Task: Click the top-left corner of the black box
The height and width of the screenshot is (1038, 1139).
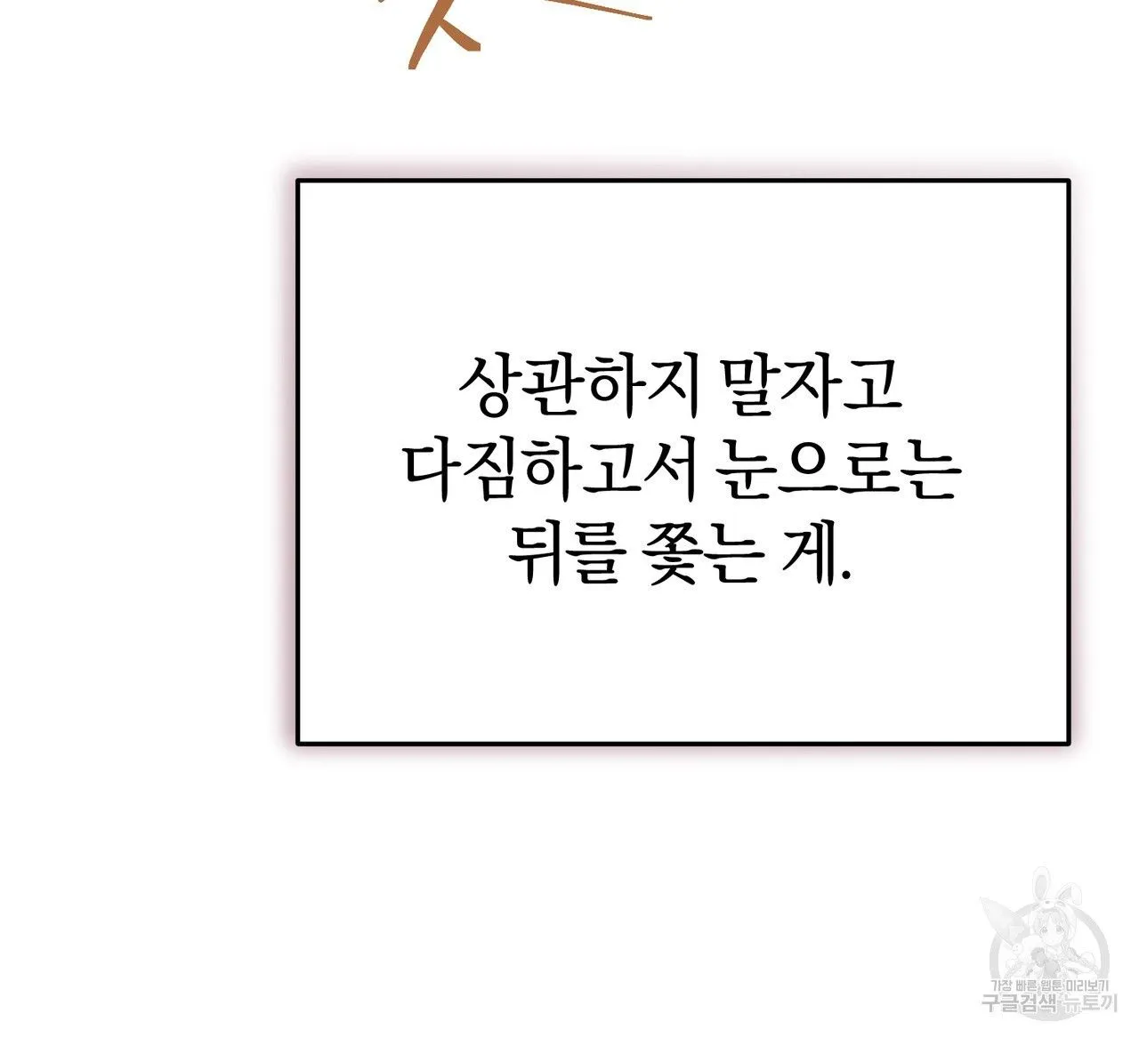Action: [299, 181]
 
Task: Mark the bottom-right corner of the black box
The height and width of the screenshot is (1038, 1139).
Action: [1068, 742]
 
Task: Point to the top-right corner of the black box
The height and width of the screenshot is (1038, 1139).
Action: [1068, 181]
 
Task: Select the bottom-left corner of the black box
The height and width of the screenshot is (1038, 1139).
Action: [299, 742]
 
